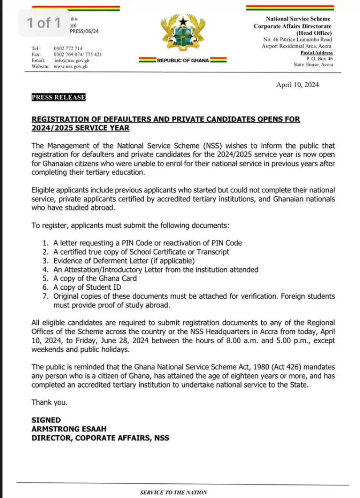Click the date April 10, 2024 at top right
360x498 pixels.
pos(297,85)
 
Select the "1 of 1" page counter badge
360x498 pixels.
pos(44,23)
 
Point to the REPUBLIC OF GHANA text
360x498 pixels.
pos(182,61)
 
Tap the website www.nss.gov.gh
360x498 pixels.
pos(70,66)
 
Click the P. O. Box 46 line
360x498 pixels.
pos(319,59)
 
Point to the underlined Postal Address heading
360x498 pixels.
pos(316,53)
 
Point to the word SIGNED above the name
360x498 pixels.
pos(46,420)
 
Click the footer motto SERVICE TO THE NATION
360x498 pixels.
pos(173,492)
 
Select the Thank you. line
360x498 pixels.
pos(49,402)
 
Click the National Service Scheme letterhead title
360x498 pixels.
pos(298,19)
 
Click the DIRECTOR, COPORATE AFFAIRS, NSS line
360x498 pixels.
pos(100,438)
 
